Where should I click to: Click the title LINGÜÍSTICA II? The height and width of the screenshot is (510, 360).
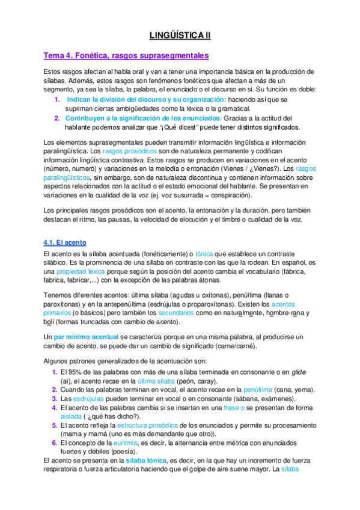[x=180, y=35]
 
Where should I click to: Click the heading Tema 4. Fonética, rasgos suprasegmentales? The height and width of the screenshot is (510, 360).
[x=126, y=56]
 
